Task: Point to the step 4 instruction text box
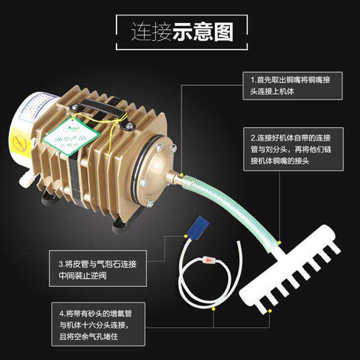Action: [102, 319]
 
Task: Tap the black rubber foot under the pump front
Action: [121, 225]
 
